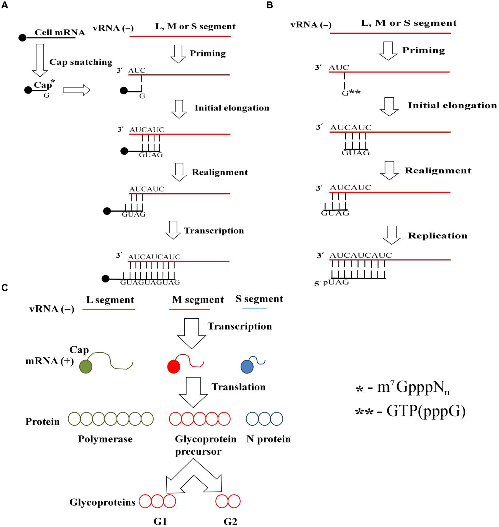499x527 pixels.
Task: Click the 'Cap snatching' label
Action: click(x=81, y=62)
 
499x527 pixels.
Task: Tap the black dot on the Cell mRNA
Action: click(x=22, y=38)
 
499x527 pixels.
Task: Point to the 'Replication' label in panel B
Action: click(x=437, y=235)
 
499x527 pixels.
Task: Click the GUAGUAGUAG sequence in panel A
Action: click(x=150, y=282)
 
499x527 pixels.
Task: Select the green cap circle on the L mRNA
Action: click(x=86, y=367)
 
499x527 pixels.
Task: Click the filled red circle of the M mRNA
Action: click(x=173, y=367)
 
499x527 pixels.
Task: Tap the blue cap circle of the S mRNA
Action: click(x=247, y=367)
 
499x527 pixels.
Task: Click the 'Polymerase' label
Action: click(x=105, y=439)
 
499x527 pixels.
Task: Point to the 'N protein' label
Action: click(x=268, y=439)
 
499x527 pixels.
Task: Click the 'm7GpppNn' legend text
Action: click(x=413, y=388)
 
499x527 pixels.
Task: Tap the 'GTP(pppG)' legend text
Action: click(x=425, y=411)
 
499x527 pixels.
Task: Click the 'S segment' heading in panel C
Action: click(x=259, y=299)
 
